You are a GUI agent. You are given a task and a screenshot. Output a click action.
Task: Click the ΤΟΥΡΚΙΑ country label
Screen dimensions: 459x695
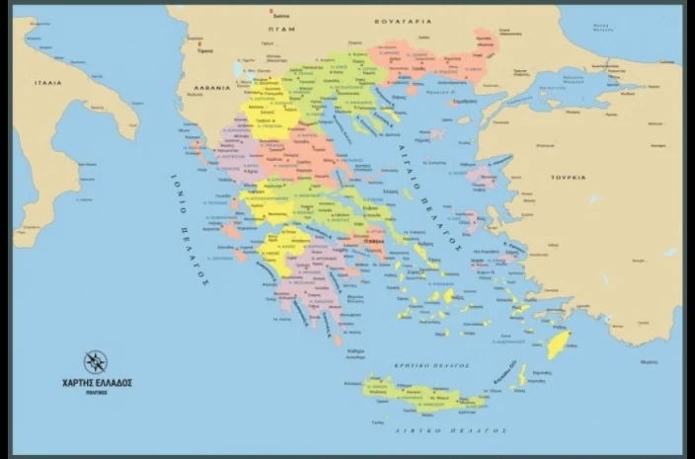(569, 177)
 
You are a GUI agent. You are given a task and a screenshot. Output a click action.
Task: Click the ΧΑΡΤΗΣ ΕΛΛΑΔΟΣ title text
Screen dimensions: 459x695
(95, 382)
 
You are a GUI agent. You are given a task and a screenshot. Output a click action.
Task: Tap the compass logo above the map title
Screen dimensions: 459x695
(95, 361)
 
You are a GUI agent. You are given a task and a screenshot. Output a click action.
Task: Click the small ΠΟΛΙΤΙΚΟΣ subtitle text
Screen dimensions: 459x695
(95, 392)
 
